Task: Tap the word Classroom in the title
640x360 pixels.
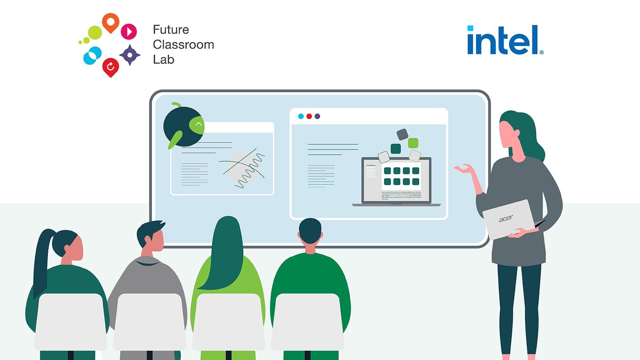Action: click(x=183, y=44)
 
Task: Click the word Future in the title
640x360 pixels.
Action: click(x=171, y=30)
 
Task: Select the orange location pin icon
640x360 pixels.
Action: click(x=110, y=22)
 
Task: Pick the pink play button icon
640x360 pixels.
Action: click(x=129, y=31)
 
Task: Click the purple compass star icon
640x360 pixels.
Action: click(x=130, y=55)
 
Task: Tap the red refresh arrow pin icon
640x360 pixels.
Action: click(x=110, y=67)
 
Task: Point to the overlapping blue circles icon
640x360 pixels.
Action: click(x=92, y=56)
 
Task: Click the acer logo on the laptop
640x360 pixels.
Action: click(x=506, y=218)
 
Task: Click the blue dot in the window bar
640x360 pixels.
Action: click(x=301, y=116)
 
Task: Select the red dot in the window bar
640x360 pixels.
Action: click(x=309, y=116)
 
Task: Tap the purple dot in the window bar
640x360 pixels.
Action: click(x=317, y=116)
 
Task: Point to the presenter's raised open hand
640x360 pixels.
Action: click(x=464, y=169)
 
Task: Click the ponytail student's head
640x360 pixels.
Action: click(x=68, y=244)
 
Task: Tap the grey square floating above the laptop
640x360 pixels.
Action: click(x=402, y=134)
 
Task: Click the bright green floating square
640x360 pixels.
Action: click(x=413, y=143)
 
